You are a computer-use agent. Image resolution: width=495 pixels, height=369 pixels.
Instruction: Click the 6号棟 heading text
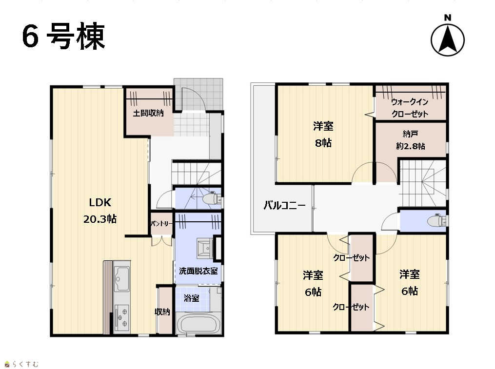pos(63,36)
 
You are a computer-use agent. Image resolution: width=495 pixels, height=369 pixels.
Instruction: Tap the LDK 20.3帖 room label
pos(100,210)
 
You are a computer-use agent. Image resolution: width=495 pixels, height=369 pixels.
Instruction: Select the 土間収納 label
pos(148,113)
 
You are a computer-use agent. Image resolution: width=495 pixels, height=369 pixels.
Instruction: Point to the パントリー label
pos(161,223)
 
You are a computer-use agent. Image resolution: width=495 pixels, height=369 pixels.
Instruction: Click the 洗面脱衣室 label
pos(198,271)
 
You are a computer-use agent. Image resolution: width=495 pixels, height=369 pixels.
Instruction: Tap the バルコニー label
pos(284,206)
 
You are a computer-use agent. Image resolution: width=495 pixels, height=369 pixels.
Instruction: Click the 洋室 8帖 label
pos(323,135)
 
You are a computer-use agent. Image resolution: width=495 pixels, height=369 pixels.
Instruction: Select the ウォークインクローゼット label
pos(410,108)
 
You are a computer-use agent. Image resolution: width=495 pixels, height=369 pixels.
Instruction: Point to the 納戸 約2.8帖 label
pos(411,140)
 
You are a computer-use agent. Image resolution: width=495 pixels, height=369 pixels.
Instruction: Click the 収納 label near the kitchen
pos(162,312)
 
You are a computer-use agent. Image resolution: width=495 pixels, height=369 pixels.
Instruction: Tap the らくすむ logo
pos(21,364)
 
